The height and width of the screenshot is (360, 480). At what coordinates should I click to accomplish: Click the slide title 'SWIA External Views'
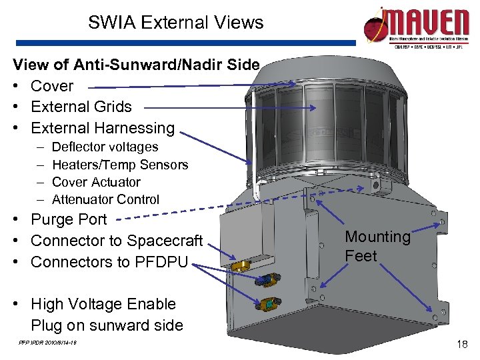(x=176, y=23)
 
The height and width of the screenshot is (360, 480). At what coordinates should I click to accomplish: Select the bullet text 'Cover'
(x=52, y=86)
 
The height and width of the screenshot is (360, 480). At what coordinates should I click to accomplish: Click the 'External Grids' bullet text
(x=81, y=107)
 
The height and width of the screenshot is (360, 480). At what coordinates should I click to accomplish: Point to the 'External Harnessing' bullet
(x=103, y=127)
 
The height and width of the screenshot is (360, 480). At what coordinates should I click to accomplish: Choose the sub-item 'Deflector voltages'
(x=105, y=147)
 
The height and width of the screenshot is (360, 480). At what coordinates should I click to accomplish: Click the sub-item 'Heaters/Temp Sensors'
(x=120, y=164)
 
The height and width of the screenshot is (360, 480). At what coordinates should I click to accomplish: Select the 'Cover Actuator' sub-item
(x=96, y=181)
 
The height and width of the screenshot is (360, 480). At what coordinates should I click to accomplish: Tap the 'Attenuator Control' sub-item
(x=105, y=199)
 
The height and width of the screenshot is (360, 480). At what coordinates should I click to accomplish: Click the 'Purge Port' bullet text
(x=69, y=219)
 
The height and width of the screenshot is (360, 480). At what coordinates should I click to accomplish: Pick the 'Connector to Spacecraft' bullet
(x=117, y=240)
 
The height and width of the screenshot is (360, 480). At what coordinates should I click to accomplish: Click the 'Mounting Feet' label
(x=377, y=246)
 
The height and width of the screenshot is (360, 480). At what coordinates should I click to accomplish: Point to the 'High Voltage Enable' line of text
(x=103, y=304)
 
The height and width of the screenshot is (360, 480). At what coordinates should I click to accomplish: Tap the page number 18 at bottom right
(x=461, y=343)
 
